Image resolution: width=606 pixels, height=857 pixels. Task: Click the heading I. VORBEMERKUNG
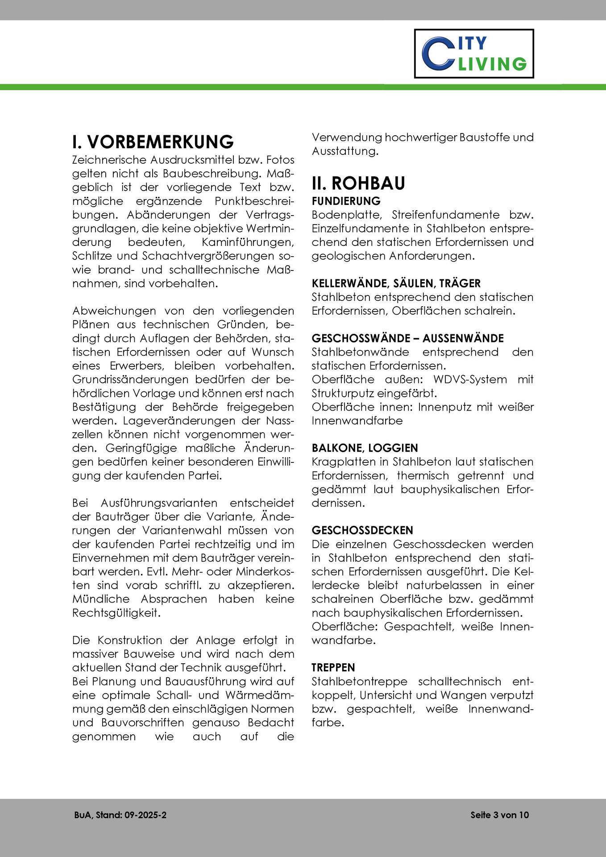click(153, 141)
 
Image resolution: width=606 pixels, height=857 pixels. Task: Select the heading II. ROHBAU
click(358, 183)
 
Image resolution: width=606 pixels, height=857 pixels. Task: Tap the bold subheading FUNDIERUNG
click(346, 201)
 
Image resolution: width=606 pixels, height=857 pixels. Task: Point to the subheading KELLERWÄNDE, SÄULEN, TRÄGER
click(396, 283)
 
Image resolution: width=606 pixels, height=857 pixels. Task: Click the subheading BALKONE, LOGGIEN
click(365, 448)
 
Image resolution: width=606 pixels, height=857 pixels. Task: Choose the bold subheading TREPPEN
click(333, 667)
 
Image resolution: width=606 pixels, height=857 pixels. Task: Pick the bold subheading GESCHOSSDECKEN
click(362, 530)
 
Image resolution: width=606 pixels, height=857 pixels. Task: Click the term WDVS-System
click(464, 379)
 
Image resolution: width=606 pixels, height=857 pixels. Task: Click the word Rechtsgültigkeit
click(116, 612)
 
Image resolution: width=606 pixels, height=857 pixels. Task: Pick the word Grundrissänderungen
click(131, 379)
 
